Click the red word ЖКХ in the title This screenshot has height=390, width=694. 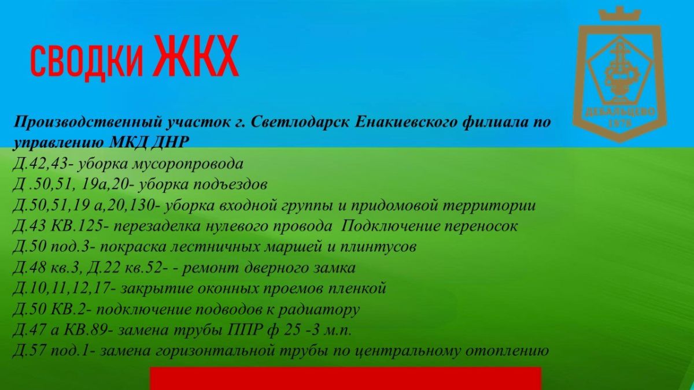(196, 56)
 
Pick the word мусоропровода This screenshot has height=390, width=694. (188, 164)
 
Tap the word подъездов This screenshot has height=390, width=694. (230, 185)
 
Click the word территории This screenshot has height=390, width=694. (489, 206)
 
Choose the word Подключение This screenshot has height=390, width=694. (390, 226)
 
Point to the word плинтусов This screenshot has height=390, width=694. (378, 247)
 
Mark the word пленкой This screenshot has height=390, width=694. (356, 289)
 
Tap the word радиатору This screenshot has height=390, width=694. (319, 310)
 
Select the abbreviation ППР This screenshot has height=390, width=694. (243, 330)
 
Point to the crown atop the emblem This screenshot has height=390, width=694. (619, 14)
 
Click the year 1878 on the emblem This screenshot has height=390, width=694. (619, 124)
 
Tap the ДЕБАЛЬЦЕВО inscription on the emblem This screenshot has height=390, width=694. (620, 112)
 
